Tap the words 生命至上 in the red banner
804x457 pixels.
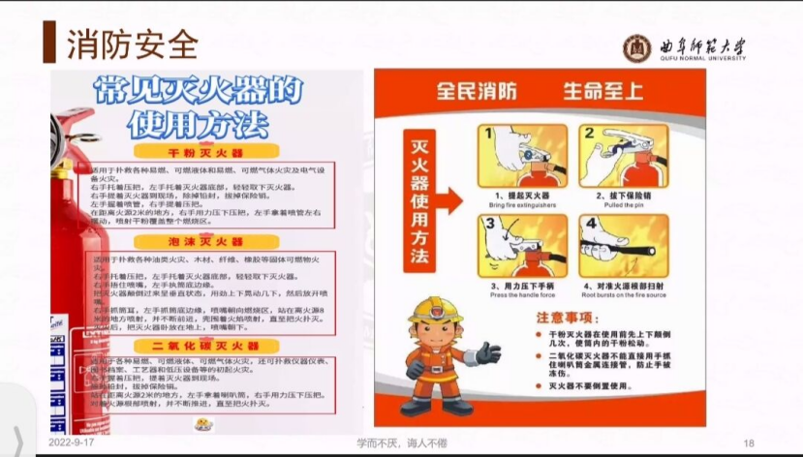click(x=603, y=92)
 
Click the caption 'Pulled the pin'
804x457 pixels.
click(x=622, y=206)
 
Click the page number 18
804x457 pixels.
click(x=748, y=443)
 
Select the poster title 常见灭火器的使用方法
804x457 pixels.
click(x=206, y=107)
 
